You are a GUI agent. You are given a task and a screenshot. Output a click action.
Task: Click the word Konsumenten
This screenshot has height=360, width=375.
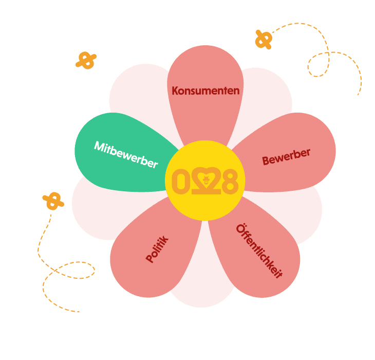pyautogui.click(x=205, y=91)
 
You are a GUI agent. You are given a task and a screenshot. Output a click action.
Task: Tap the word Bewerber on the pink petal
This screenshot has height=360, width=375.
pyautogui.click(x=286, y=157)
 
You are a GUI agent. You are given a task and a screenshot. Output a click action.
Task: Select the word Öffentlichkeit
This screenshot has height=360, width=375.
pyautogui.click(x=259, y=251)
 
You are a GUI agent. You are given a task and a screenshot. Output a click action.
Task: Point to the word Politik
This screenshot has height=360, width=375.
pyautogui.click(x=157, y=249)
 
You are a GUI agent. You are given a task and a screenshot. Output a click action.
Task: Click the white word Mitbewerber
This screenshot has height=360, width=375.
pyautogui.click(x=125, y=154)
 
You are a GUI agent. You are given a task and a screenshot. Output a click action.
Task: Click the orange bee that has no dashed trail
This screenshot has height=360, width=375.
pyautogui.click(x=86, y=60)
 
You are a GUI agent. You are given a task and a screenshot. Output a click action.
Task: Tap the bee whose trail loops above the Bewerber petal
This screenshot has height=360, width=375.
pyautogui.click(x=264, y=39)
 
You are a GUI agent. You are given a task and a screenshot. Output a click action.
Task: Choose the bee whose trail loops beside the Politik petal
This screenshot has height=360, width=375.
pyautogui.click(x=53, y=201)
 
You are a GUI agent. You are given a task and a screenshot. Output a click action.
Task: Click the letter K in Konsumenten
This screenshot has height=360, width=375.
pyautogui.click(x=175, y=91)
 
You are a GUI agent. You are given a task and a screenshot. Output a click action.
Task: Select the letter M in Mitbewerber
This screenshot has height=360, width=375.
pyautogui.click(x=99, y=147)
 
